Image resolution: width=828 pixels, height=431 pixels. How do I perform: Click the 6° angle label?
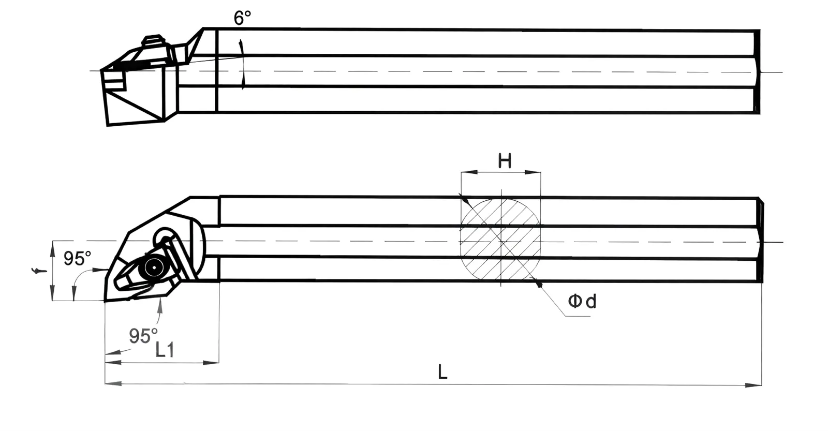coord(242,18)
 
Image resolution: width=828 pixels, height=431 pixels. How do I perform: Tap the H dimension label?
coord(505,161)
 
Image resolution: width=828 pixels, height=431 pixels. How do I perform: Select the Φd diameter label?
coord(582,301)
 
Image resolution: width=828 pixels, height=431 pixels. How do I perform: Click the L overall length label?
coord(442,372)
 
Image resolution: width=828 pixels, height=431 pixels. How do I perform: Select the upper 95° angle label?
coord(77,258)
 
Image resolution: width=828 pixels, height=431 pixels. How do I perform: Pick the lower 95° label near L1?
coord(143,336)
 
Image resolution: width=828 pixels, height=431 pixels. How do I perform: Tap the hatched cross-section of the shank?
coord(500,240)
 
